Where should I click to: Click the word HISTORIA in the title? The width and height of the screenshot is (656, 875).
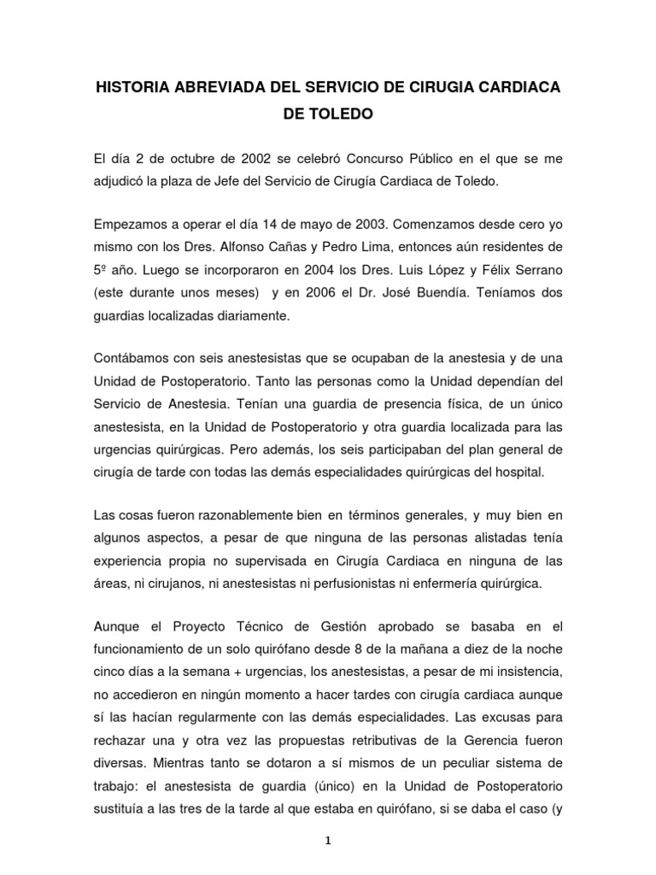pyautogui.click(x=135, y=88)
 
